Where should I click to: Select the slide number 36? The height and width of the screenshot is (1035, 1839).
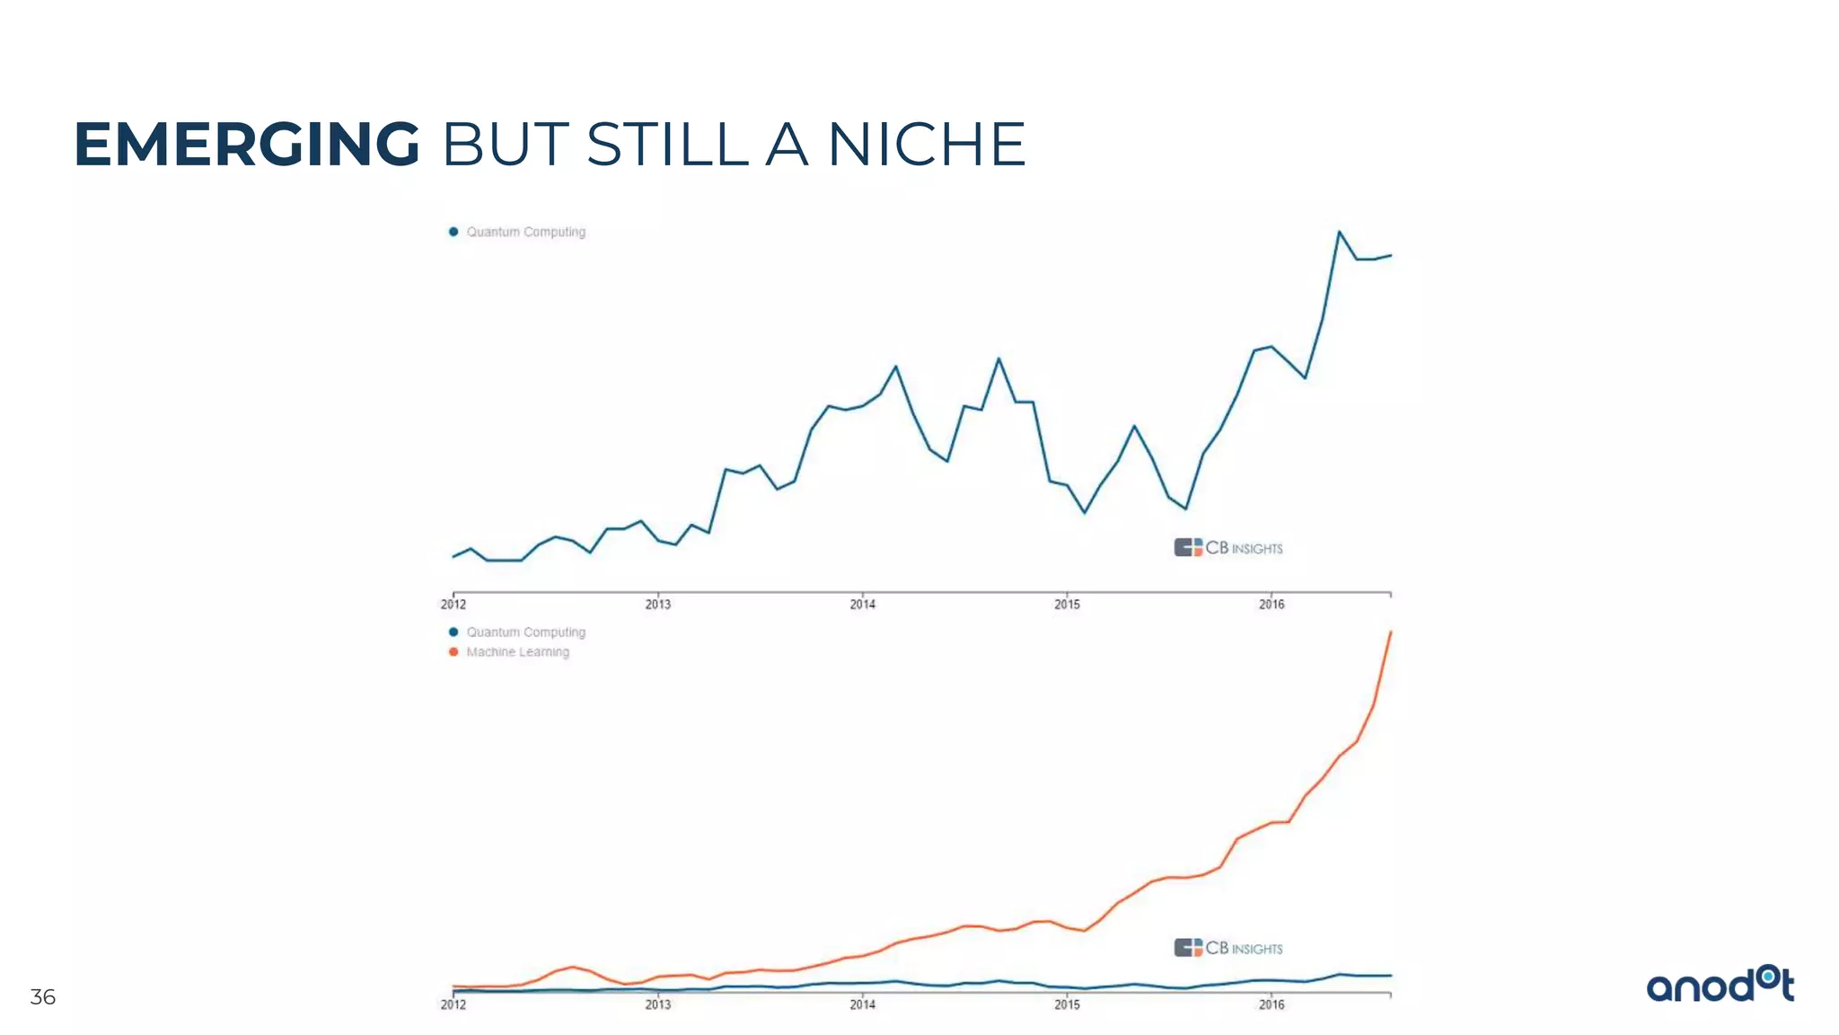[x=42, y=996]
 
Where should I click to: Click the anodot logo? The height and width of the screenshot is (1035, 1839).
[x=1720, y=986]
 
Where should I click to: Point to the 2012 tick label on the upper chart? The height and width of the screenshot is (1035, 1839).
[x=453, y=605]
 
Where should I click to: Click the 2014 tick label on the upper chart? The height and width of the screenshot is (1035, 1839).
[x=862, y=605]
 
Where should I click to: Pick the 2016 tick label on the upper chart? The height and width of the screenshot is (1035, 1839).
[x=1271, y=605]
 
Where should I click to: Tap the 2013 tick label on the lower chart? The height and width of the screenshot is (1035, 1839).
[x=657, y=1004]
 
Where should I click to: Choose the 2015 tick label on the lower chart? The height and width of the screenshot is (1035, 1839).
[x=1067, y=1004]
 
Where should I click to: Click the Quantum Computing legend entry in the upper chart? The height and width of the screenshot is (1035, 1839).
[x=525, y=232]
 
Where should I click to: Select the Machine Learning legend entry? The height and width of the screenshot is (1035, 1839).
[x=517, y=652]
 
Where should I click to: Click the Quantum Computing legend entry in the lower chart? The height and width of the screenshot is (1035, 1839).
[x=525, y=632]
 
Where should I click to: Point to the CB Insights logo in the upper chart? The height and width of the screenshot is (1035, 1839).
[x=1227, y=547]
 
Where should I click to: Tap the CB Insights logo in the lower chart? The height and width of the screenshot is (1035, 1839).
[x=1227, y=948]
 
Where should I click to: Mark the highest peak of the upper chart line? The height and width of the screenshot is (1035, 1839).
[x=1339, y=232]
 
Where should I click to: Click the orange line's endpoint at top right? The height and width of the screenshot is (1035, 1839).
[x=1390, y=632]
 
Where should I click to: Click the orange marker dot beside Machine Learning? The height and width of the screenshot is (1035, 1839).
[x=453, y=652]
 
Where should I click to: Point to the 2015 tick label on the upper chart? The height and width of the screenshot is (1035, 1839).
[x=1067, y=605]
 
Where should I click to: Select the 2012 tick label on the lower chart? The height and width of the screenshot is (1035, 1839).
[x=453, y=1004]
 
